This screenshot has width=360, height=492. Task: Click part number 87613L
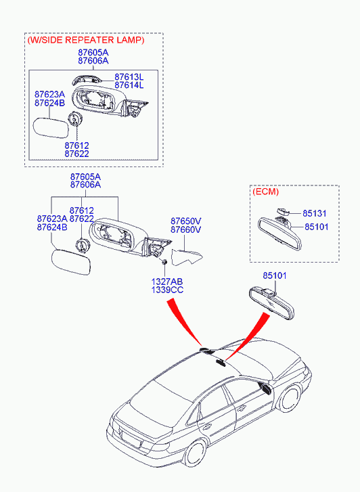tap(129, 77)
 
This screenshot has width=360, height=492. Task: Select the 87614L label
tap(129, 85)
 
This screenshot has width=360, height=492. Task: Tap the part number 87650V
tap(186, 221)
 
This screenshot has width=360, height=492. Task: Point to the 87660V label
tap(186, 229)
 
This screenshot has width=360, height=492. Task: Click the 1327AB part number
tap(167, 282)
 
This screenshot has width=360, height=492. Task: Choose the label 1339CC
tap(167, 290)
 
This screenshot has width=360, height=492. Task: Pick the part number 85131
tap(315, 213)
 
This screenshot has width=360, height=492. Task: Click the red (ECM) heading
tap(265, 192)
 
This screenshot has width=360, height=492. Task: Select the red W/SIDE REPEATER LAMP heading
tap(86, 40)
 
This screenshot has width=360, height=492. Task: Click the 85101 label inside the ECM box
tap(317, 227)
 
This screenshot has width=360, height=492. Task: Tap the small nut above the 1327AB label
tap(164, 262)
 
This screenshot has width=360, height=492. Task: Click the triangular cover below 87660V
tap(186, 257)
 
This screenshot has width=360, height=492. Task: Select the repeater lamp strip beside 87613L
tap(87, 79)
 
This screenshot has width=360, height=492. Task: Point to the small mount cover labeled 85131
tap(283, 211)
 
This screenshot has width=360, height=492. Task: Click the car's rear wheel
tap(195, 453)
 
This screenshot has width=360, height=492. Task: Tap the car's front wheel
tap(290, 399)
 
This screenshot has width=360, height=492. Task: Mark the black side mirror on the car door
tap(265, 388)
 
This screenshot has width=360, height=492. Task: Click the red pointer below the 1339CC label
tap(185, 321)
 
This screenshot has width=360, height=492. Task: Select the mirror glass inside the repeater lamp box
tap(51, 127)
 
